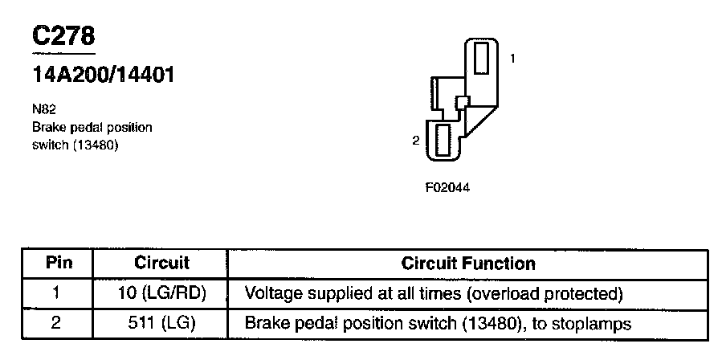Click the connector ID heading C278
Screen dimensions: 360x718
(63, 37)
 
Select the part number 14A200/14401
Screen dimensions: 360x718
(103, 76)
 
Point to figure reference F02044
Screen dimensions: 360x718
(447, 189)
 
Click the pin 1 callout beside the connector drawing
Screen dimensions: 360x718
(512, 59)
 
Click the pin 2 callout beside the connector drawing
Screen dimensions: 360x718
(415, 141)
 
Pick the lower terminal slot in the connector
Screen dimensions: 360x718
(442, 142)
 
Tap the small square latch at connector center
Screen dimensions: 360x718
(461, 102)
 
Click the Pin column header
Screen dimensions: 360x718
(56, 263)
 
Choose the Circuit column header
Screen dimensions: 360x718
(161, 263)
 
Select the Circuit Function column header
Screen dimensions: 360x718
(467, 263)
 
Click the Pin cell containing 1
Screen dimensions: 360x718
(56, 292)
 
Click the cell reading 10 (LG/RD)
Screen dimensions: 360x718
(161, 292)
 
